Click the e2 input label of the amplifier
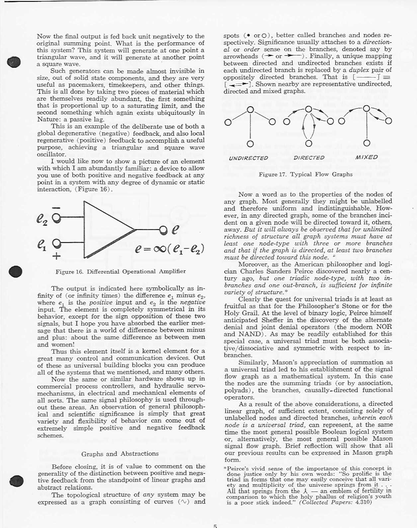(x=42, y=220)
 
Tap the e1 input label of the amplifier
(x=42, y=245)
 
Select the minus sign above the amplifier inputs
(x=56, y=208)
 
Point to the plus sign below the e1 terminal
(x=57, y=256)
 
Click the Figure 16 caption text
(x=121, y=271)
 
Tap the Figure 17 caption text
(x=305, y=174)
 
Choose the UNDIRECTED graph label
(x=248, y=158)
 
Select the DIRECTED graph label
(x=309, y=158)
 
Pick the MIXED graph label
(x=367, y=157)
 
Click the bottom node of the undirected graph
(x=250, y=144)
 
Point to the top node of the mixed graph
(x=367, y=109)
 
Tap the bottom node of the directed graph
(x=309, y=143)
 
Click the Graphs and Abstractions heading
(x=120, y=454)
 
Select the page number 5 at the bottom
(x=215, y=526)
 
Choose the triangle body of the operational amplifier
(x=103, y=229)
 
